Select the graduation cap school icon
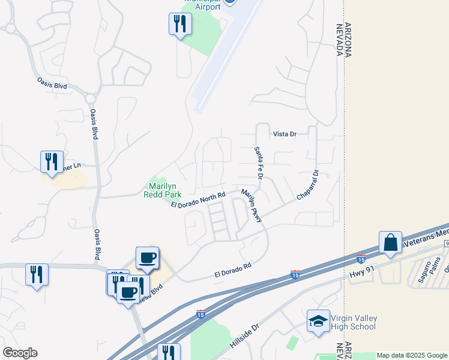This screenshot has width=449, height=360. (x=318, y=320)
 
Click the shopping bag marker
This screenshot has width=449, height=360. (x=390, y=242)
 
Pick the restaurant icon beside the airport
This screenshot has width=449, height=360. (x=179, y=24)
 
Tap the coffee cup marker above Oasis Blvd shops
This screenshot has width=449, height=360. (x=147, y=257)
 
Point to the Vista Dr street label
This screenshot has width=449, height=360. (x=285, y=134)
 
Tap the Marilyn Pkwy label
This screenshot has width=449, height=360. (x=252, y=206)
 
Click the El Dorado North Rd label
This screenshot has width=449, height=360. (x=197, y=200)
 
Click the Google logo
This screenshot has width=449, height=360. (x=20, y=353)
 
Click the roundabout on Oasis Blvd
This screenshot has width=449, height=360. (x=91, y=98)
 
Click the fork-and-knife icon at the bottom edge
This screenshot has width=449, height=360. (x=169, y=352)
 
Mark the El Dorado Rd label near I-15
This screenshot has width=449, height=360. (x=232, y=269)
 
